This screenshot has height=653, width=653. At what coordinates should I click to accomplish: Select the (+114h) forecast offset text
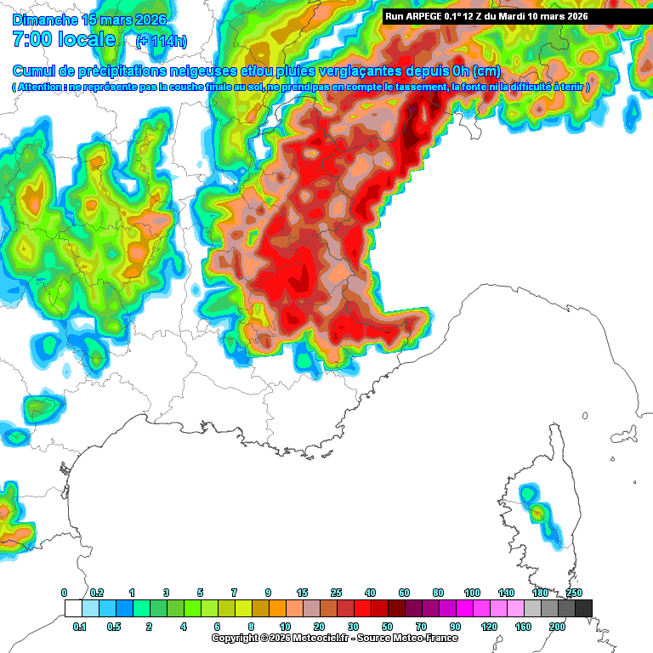click(162, 41)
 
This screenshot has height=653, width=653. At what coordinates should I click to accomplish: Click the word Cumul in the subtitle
click(34, 71)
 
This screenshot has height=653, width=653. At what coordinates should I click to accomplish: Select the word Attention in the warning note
click(40, 88)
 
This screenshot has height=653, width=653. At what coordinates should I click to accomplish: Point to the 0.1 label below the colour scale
click(80, 626)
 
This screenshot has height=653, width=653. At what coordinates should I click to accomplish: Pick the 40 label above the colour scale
click(370, 592)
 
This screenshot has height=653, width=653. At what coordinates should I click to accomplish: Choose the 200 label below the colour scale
click(557, 626)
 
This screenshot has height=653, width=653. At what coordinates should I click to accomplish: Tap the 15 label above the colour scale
click(302, 592)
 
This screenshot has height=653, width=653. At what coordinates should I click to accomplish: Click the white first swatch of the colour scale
click(73, 608)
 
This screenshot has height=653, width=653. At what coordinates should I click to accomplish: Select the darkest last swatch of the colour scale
click(583, 608)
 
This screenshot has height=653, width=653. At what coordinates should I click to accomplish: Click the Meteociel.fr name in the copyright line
click(321, 638)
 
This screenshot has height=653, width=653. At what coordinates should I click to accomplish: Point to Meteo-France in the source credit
click(426, 638)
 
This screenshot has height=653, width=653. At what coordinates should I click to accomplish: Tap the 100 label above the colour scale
click(472, 592)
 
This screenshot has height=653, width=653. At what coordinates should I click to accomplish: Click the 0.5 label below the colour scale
click(115, 626)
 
